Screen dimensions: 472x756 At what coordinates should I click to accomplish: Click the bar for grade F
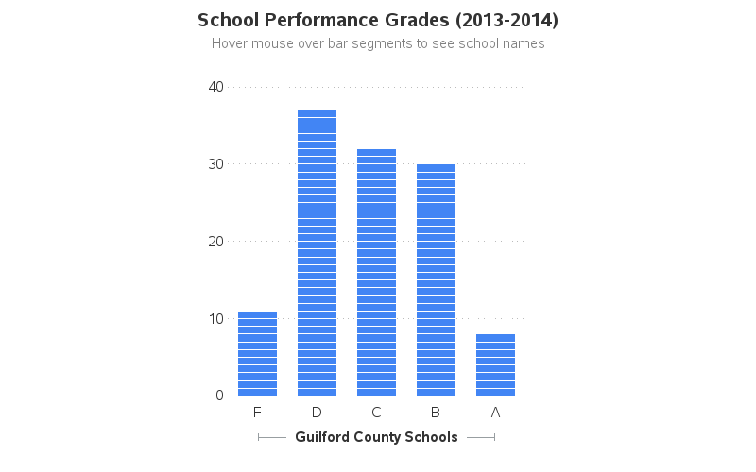(257, 353)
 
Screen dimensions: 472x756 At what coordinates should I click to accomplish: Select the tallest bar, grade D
(317, 253)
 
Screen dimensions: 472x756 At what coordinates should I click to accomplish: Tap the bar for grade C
(376, 272)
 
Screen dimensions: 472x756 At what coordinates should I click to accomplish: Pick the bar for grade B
(436, 279)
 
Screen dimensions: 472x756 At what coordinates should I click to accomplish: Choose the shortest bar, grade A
(495, 364)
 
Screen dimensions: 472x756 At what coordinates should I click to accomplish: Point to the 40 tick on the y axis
(215, 87)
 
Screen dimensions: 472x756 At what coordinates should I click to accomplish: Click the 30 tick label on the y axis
(215, 164)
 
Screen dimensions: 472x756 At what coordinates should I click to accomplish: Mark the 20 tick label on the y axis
(215, 242)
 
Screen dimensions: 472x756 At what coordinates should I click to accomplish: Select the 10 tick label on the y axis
(215, 319)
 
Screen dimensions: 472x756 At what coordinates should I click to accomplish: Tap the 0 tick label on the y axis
(219, 396)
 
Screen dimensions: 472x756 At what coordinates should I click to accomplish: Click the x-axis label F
(257, 413)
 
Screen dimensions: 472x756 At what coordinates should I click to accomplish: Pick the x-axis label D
(317, 413)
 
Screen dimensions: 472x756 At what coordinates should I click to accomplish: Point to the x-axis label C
(376, 413)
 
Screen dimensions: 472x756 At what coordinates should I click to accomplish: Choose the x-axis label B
(436, 413)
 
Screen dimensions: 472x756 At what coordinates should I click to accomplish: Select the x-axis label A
(495, 413)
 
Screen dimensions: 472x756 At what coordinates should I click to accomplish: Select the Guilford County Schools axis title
(376, 437)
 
